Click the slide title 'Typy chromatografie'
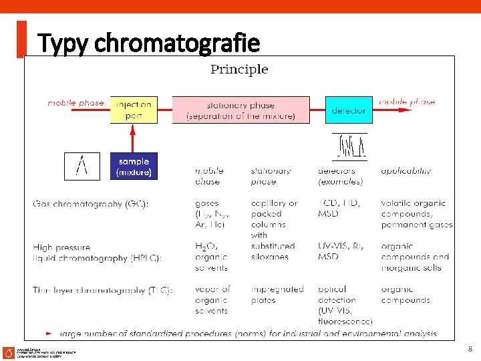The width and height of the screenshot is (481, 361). (149, 43)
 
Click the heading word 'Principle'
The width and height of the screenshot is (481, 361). (239, 69)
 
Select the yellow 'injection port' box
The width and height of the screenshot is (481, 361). (134, 110)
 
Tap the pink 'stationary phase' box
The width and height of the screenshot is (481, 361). (240, 110)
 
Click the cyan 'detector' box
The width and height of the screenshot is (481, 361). (348, 110)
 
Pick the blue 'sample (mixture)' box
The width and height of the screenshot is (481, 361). (134, 166)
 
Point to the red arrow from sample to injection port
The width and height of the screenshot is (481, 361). (133, 138)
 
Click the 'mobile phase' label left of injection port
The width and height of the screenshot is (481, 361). (75, 103)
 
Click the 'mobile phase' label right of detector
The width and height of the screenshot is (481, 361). (406, 102)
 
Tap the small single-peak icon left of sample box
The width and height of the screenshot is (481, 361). (82, 166)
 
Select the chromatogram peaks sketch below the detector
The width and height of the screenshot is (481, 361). (350, 146)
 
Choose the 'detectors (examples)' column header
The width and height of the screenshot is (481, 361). (341, 176)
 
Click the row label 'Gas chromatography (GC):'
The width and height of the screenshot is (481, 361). (91, 203)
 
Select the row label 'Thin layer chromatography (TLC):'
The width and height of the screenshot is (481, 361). (103, 290)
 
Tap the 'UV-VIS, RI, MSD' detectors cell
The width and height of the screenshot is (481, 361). (341, 251)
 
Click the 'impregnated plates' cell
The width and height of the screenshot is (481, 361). (277, 295)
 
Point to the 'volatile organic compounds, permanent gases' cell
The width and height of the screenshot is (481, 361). (416, 214)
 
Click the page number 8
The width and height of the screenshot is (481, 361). (470, 348)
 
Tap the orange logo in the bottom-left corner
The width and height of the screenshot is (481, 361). (8, 352)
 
